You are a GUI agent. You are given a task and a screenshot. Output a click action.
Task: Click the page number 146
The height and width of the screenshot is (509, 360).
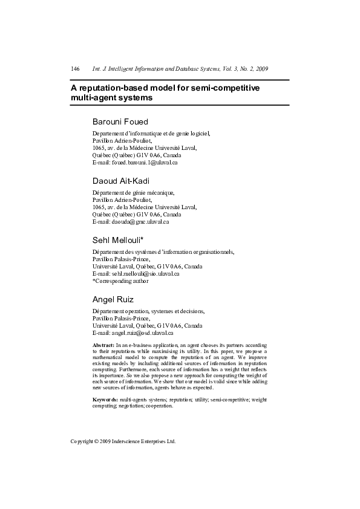coord(76,70)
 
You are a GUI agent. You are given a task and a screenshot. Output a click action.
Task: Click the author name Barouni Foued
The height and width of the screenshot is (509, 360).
coord(120,122)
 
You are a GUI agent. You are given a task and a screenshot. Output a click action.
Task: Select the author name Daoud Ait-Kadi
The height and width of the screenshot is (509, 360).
coord(121,181)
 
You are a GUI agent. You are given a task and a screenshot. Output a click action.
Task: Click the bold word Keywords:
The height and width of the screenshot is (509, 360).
coord(105,400)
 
